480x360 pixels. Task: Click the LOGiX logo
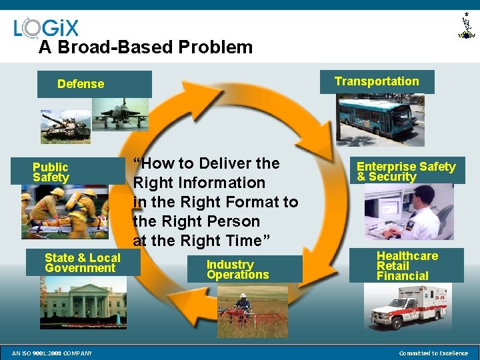[46, 27]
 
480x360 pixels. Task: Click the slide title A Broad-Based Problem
[145, 47]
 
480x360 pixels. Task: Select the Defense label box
[95, 84]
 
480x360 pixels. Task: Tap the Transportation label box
[377, 81]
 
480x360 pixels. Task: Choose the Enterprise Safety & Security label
[406, 171]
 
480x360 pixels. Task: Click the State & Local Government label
[83, 263]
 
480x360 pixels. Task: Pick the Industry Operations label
[237, 269]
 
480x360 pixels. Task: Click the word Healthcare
[407, 256]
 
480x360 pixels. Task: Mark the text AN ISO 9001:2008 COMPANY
[53, 353]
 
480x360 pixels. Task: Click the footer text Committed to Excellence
[433, 353]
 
